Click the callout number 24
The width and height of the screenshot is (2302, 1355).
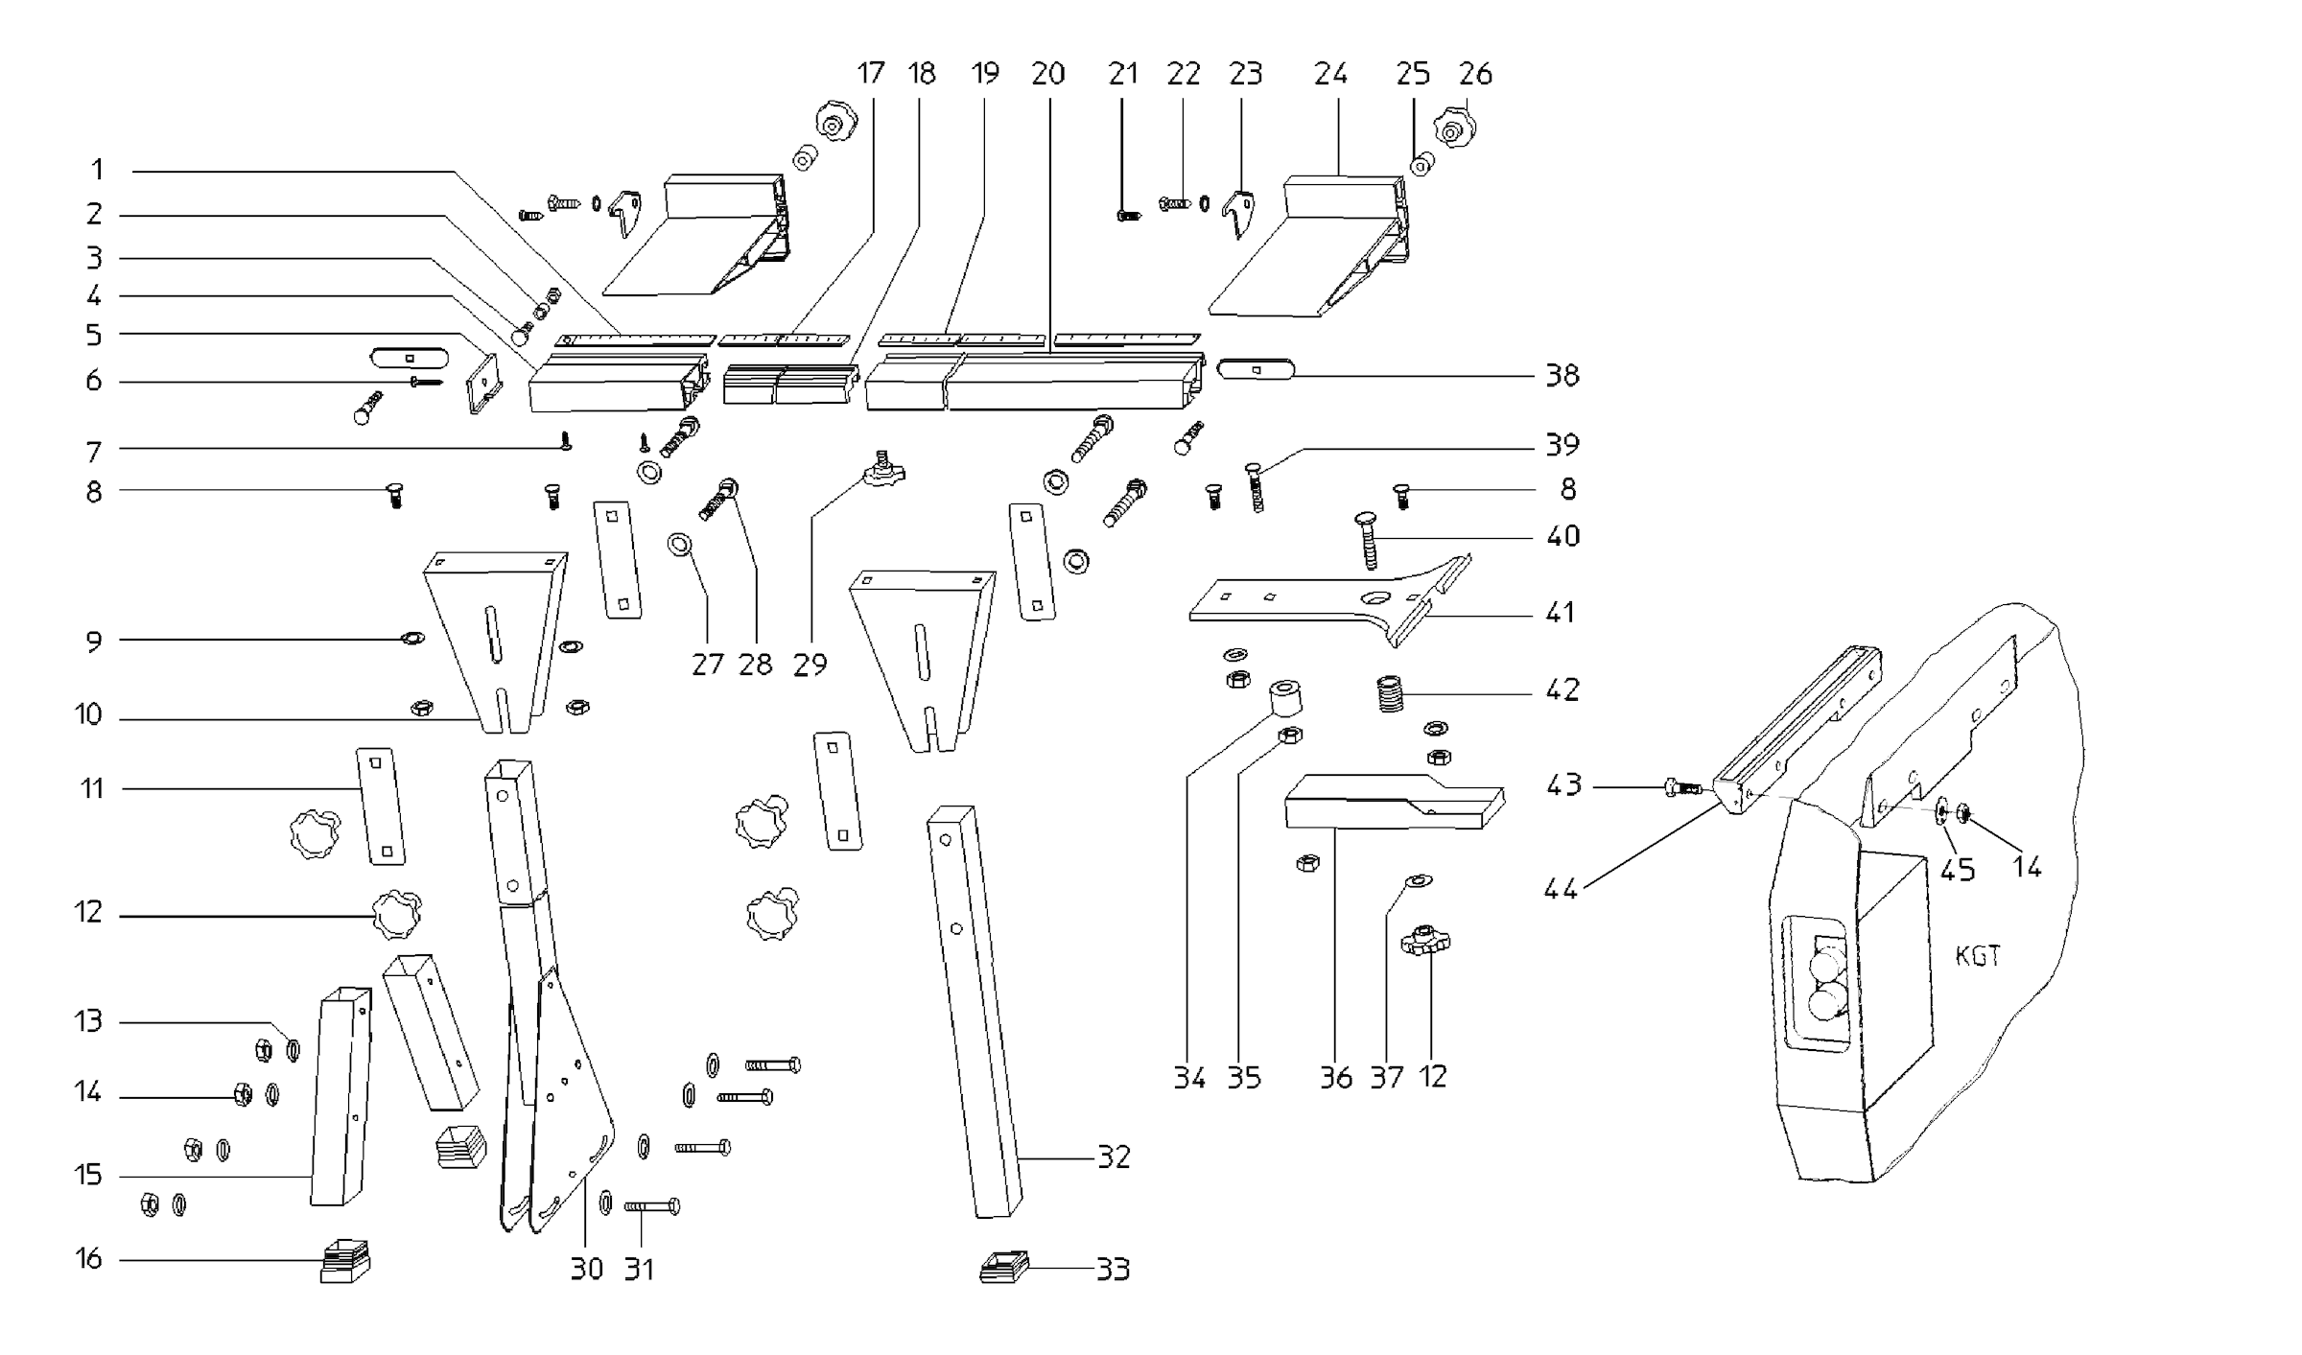click(x=1330, y=74)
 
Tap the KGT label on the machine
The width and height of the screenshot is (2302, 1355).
click(x=1977, y=956)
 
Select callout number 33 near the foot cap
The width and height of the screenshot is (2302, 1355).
click(x=1113, y=1269)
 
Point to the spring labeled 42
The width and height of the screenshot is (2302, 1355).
click(x=1390, y=693)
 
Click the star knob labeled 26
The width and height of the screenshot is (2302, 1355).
click(x=1454, y=127)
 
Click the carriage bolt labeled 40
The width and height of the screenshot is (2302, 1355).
click(x=1369, y=542)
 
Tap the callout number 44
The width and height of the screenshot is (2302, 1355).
click(x=1561, y=889)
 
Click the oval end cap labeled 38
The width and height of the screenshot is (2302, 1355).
click(x=1256, y=369)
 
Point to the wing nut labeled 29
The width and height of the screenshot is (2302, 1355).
click(x=883, y=471)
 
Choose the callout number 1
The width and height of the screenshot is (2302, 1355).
click(x=97, y=170)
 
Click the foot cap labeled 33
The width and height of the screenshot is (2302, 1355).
click(x=1004, y=1267)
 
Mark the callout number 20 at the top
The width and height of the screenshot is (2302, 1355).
click(x=1047, y=74)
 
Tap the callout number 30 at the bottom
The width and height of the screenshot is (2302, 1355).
click(x=586, y=1269)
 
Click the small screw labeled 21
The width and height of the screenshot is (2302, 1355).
click(x=1129, y=216)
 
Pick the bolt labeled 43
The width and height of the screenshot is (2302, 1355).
click(x=1680, y=788)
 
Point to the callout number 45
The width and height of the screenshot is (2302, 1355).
click(x=1957, y=870)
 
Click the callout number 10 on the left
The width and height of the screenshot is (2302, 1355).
click(x=88, y=714)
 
